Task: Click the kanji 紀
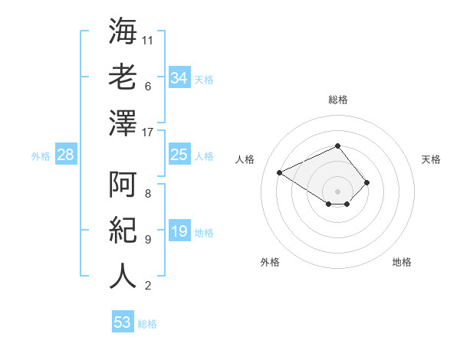[x=123, y=229]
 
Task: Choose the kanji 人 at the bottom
[x=123, y=275]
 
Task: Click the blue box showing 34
[x=179, y=78]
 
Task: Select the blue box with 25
[x=179, y=155]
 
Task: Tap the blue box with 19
[x=179, y=232]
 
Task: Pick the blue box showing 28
[x=66, y=155]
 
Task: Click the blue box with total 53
[x=123, y=322]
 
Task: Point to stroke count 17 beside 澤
[x=148, y=132]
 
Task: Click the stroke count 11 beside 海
[x=148, y=40]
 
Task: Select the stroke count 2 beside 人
[x=148, y=286]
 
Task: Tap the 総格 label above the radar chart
[x=338, y=100]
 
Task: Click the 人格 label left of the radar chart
[x=245, y=159]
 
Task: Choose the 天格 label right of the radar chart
[x=431, y=159]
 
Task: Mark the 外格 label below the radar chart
[x=270, y=262]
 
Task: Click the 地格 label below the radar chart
[x=402, y=262]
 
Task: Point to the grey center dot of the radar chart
[x=337, y=191]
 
